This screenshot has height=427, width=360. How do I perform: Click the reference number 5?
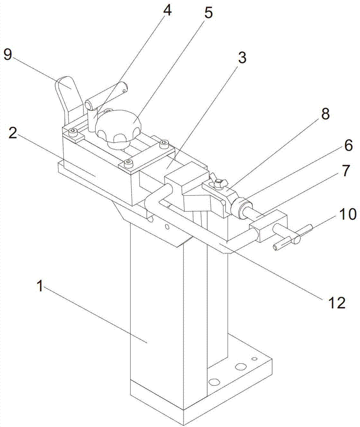208,13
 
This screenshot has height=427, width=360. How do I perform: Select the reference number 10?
348,214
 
